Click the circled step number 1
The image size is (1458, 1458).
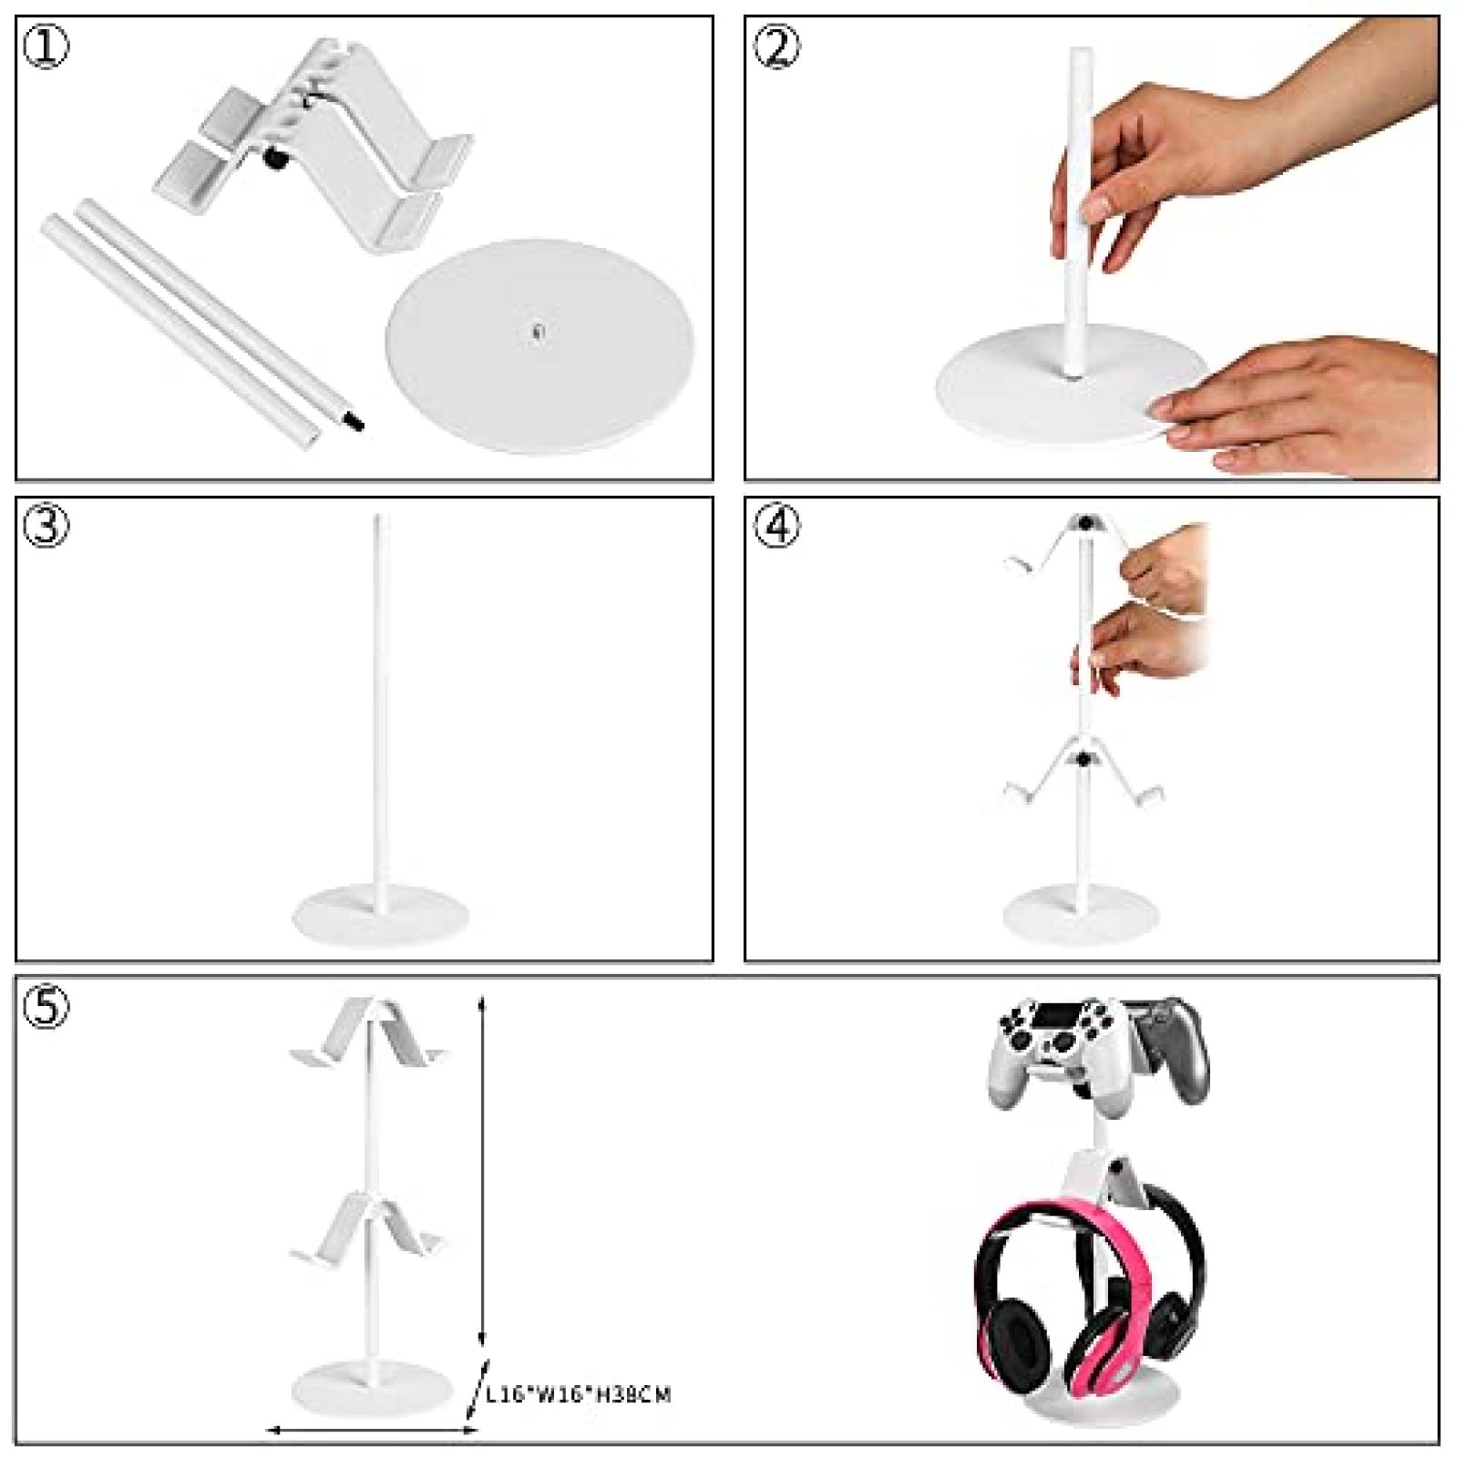click(46, 47)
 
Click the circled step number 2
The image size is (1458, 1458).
click(776, 47)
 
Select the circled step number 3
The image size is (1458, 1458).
click(46, 528)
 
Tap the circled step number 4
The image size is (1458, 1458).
click(776, 528)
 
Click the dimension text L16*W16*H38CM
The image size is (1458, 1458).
click(578, 1394)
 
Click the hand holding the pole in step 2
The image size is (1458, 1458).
click(1121, 173)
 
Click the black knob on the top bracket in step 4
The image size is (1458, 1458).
click(1086, 523)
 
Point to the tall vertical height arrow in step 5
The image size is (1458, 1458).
click(484, 1185)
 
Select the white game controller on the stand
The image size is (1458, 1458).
click(1057, 1048)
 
